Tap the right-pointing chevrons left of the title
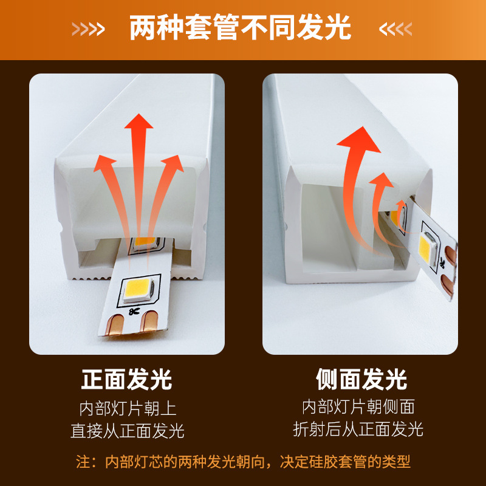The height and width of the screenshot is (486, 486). click(x=88, y=29)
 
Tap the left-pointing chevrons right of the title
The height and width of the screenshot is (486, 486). click(x=395, y=29)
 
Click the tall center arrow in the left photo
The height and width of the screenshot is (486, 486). click(x=139, y=170)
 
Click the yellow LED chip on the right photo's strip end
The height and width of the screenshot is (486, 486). click(x=431, y=246)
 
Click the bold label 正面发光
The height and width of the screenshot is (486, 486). click(x=127, y=380)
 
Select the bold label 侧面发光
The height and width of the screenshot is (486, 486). click(x=361, y=380)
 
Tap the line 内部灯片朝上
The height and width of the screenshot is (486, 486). click(x=127, y=408)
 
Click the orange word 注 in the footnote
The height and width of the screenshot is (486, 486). click(x=83, y=462)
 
